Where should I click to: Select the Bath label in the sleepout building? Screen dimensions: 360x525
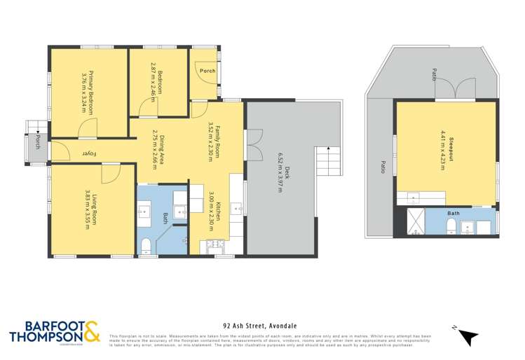(x=454, y=214)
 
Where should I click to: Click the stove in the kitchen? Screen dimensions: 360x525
(x=213, y=244)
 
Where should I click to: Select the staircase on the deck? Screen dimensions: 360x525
(x=325, y=162)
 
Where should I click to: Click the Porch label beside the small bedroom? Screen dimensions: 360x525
(x=207, y=71)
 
